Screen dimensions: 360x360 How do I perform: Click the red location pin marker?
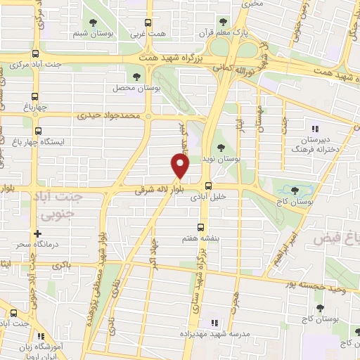pos(181,166)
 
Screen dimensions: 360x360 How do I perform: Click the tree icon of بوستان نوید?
pos(222,148)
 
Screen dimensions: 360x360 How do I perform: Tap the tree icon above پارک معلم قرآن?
pos(224,22)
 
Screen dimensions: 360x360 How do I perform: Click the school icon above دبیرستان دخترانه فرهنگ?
pos(316,129)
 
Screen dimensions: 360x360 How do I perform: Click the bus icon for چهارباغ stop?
pos(34,96)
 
